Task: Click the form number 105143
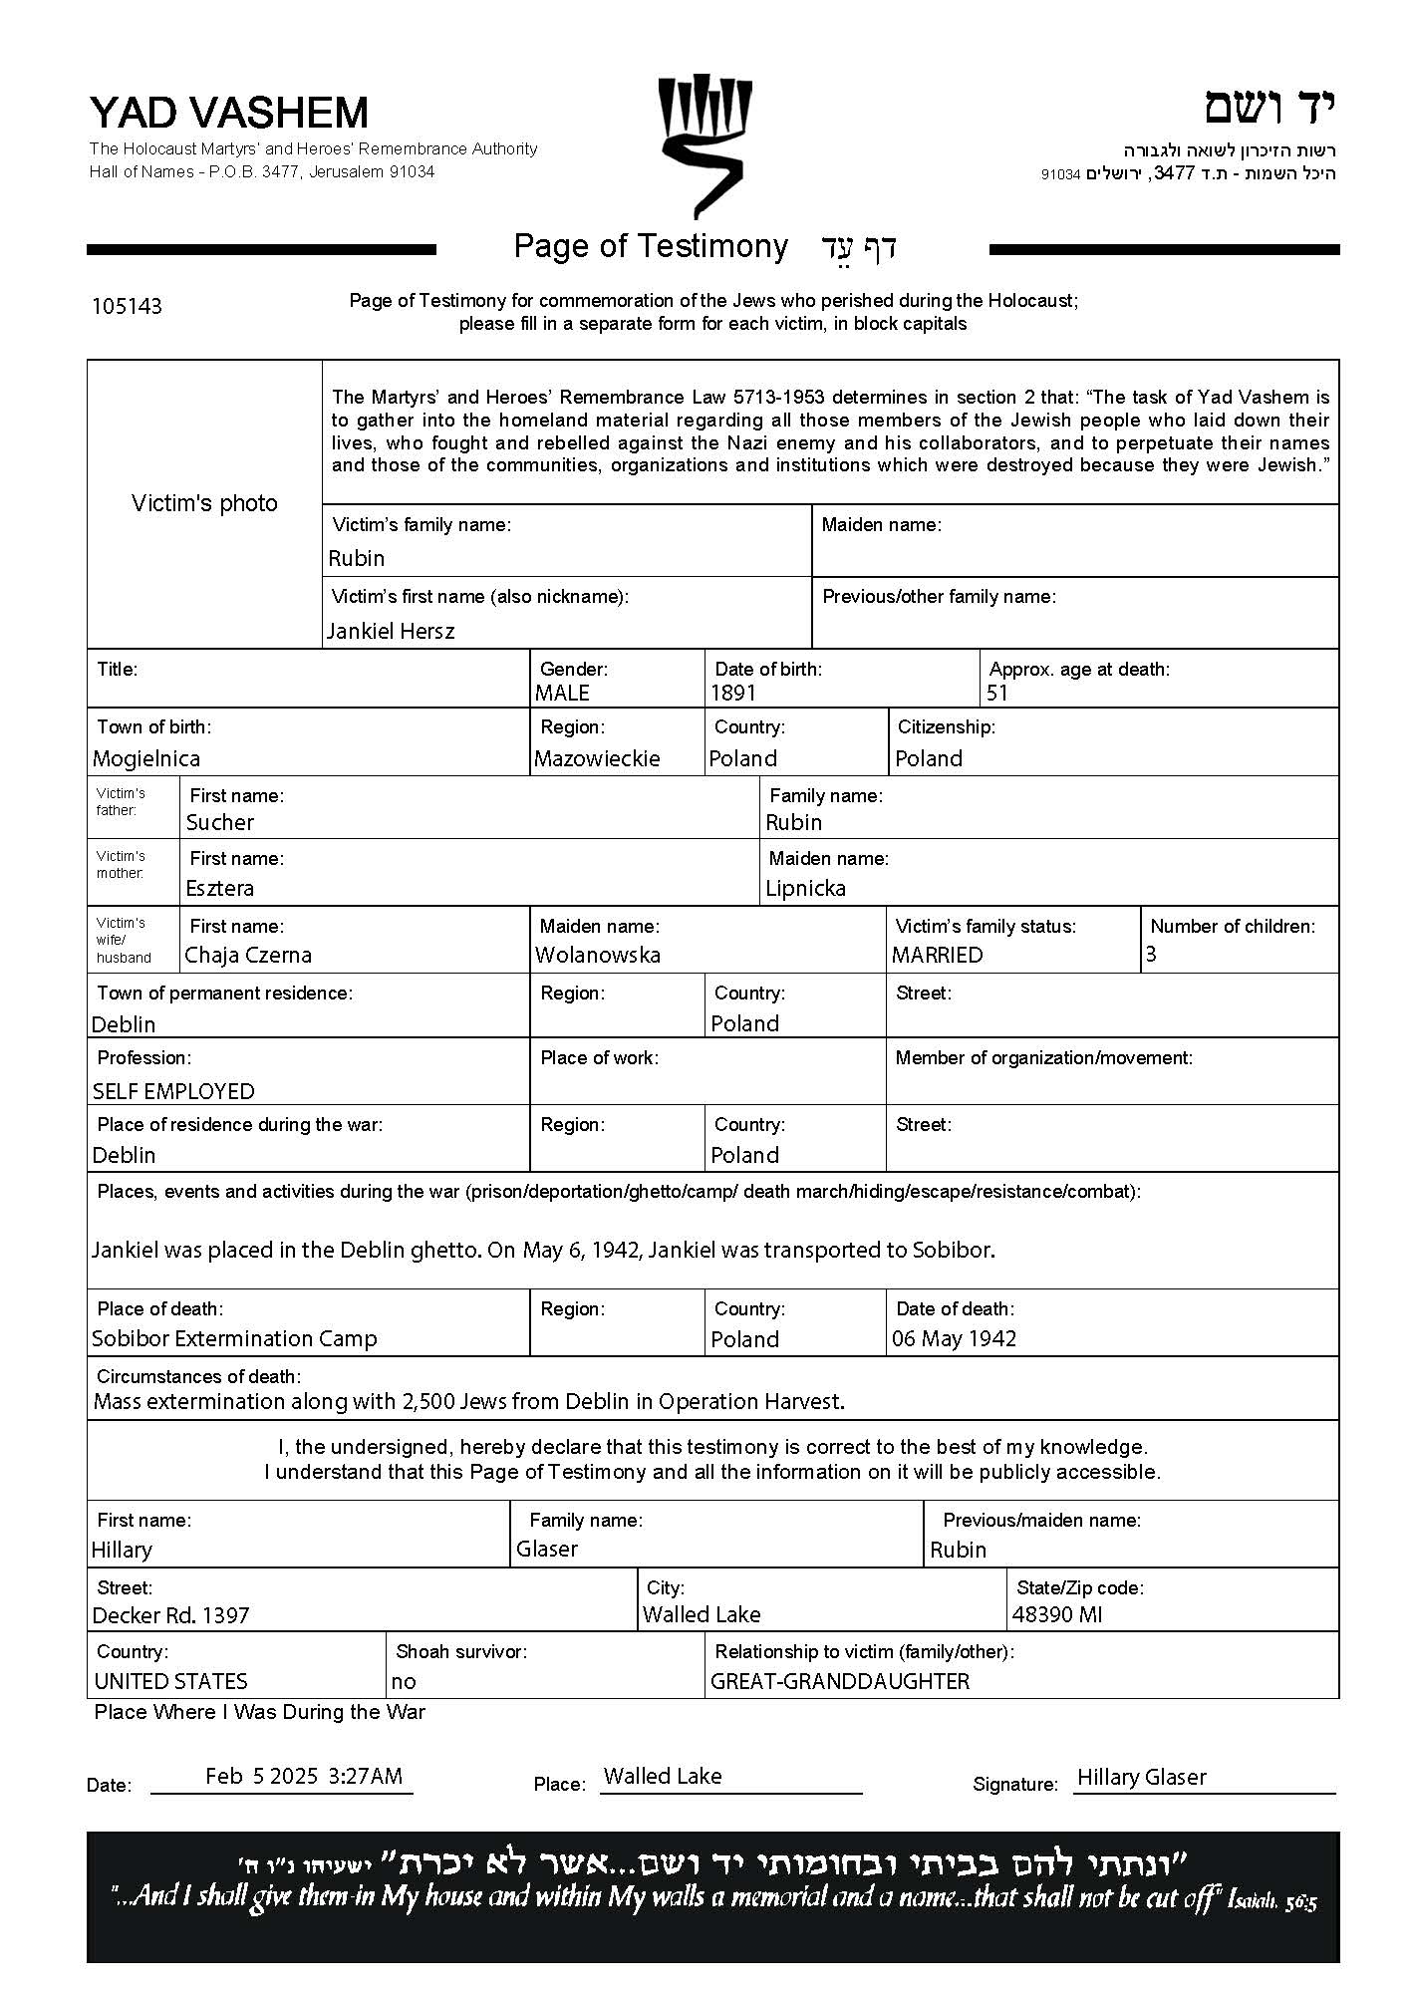(127, 306)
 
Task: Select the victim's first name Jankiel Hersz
(391, 631)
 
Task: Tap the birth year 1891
(733, 693)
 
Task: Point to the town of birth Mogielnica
(146, 758)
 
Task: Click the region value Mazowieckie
(597, 758)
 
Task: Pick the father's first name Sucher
(220, 822)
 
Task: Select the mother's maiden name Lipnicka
(805, 888)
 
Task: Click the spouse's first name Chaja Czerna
(248, 955)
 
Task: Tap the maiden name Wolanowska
(598, 955)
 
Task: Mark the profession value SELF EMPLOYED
(173, 1091)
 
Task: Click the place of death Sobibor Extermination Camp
(234, 1338)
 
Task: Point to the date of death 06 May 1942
(954, 1338)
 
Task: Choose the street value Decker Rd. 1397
(170, 1615)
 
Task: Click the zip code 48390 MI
(1057, 1614)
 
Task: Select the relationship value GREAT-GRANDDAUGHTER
(839, 1681)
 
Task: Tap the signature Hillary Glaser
(1142, 1777)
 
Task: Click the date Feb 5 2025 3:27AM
(304, 1776)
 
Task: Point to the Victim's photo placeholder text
(204, 503)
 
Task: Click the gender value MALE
(562, 693)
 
